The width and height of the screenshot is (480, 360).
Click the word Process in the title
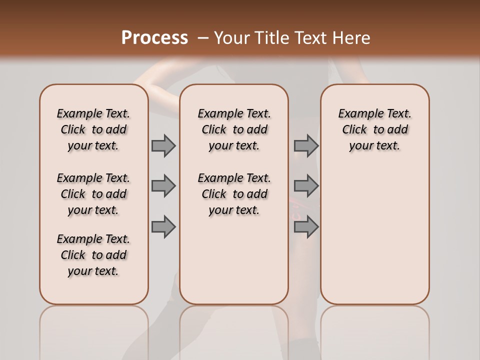[154, 38]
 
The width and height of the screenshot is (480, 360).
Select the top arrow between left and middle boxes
[163, 145]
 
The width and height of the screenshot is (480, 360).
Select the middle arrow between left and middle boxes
[163, 186]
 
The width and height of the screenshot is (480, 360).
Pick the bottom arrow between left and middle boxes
[163, 226]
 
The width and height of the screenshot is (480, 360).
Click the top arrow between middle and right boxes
[306, 145]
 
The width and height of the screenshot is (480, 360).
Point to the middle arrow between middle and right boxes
[306, 186]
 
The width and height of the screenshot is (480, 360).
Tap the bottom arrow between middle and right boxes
[306, 226]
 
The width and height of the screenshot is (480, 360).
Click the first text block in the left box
[93, 129]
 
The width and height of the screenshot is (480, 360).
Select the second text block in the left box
[93, 194]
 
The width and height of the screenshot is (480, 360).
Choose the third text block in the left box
[93, 255]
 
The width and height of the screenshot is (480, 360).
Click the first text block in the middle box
[234, 129]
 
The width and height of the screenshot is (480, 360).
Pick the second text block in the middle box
[234, 194]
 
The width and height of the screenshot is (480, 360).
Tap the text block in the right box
[374, 129]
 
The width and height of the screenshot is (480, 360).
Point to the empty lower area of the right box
[374, 235]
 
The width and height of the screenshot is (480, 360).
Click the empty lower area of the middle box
[234, 260]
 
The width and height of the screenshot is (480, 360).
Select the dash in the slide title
[202, 38]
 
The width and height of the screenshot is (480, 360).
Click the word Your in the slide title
[232, 38]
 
